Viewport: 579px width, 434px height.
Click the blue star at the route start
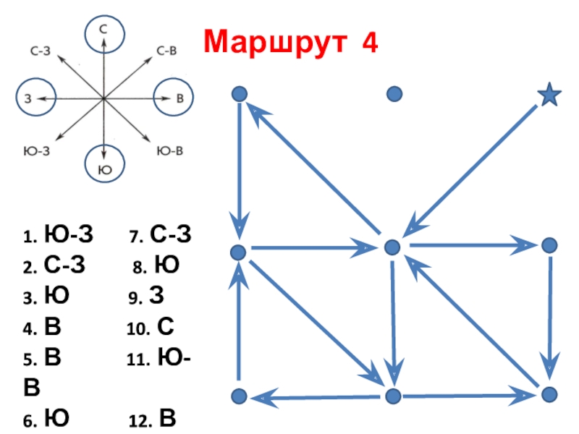point(550,95)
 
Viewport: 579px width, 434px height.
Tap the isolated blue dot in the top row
point(394,93)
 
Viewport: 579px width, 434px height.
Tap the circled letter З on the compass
point(35,98)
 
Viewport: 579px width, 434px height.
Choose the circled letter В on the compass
point(174,98)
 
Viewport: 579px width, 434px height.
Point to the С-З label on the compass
point(40,51)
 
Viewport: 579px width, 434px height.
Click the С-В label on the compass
point(167,51)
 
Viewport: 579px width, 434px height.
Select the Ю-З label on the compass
point(37,151)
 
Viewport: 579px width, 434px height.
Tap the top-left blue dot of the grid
point(239,94)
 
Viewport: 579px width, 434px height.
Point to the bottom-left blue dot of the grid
point(239,396)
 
